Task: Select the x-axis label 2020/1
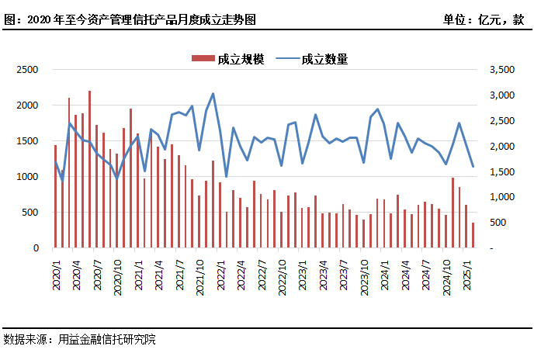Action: [56, 274]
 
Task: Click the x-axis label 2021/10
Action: [200, 276]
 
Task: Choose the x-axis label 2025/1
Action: [467, 274]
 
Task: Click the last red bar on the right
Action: [473, 236]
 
